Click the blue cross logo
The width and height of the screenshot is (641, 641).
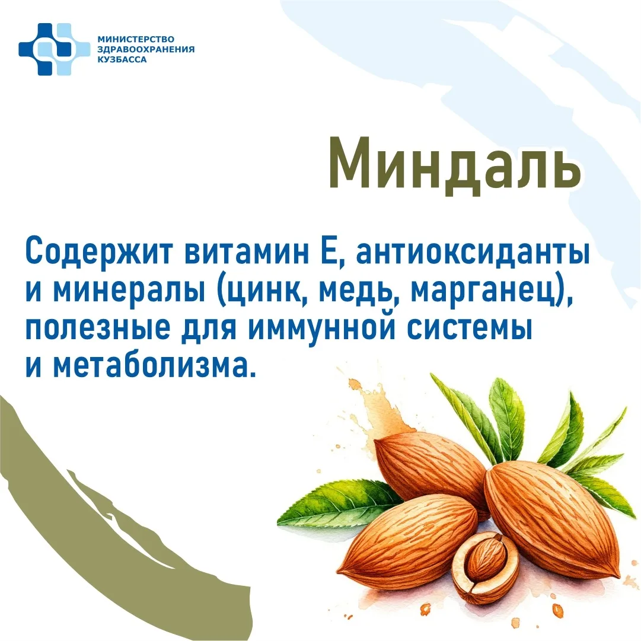54,49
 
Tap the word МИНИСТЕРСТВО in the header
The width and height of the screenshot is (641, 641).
136,39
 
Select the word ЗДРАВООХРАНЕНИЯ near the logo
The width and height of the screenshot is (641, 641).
146,49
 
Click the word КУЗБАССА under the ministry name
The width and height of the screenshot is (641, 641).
122,60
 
